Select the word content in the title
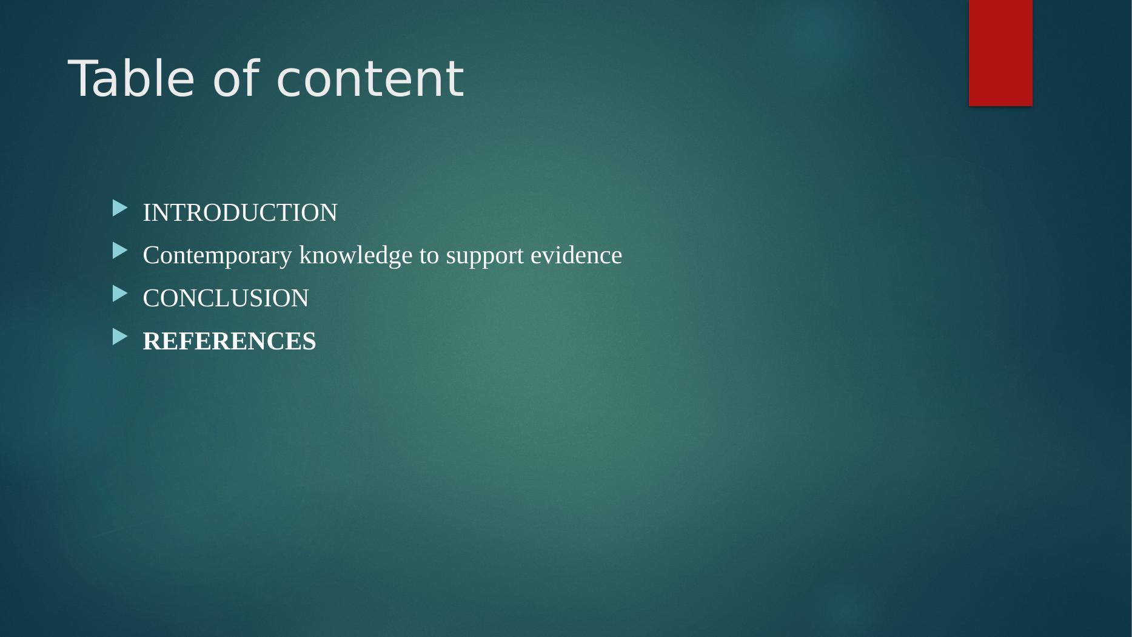[370, 79]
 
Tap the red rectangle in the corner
[1000, 53]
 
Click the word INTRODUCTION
[240, 213]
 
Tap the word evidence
[577, 255]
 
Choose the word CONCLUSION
[226, 298]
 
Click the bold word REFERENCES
[229, 341]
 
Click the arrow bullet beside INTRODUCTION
[120, 208]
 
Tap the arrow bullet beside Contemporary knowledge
[120, 251]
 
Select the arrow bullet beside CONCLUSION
[120, 294]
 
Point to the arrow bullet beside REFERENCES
[120, 336]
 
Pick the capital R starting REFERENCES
[151, 341]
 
